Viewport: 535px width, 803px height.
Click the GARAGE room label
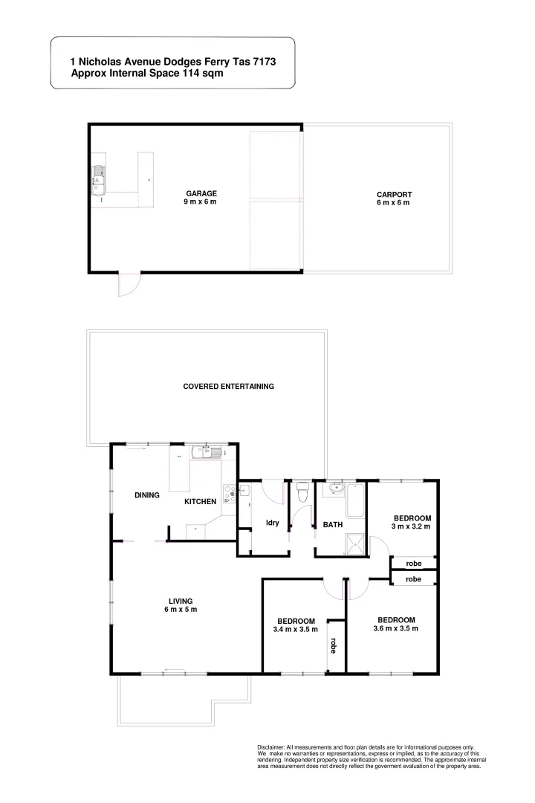201,193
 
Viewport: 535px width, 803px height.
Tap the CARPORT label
394,195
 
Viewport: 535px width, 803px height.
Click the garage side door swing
128,283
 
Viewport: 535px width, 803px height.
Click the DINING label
147,495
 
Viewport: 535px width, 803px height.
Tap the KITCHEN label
200,502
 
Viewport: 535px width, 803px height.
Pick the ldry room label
272,523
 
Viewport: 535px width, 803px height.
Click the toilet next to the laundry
302,493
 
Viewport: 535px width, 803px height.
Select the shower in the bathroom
355,544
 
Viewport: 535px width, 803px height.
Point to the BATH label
332,525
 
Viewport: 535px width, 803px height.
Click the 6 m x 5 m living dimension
181,610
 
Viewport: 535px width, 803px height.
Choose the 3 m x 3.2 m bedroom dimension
412,526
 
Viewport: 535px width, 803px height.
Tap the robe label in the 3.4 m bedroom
334,645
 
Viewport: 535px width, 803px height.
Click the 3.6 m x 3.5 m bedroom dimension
395,628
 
